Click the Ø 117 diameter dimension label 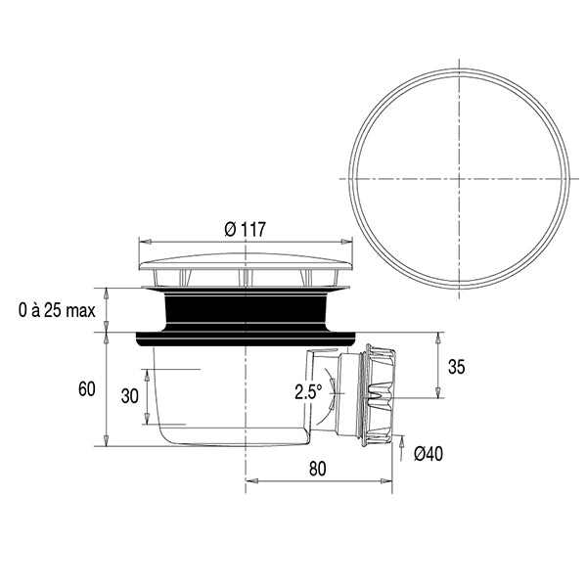coord(245,229)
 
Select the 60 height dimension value coord(86,389)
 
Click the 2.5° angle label coord(306,393)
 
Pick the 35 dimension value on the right coord(456,367)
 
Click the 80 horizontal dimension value coord(316,468)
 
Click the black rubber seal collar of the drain coord(245,316)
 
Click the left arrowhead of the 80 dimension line coord(247,480)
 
